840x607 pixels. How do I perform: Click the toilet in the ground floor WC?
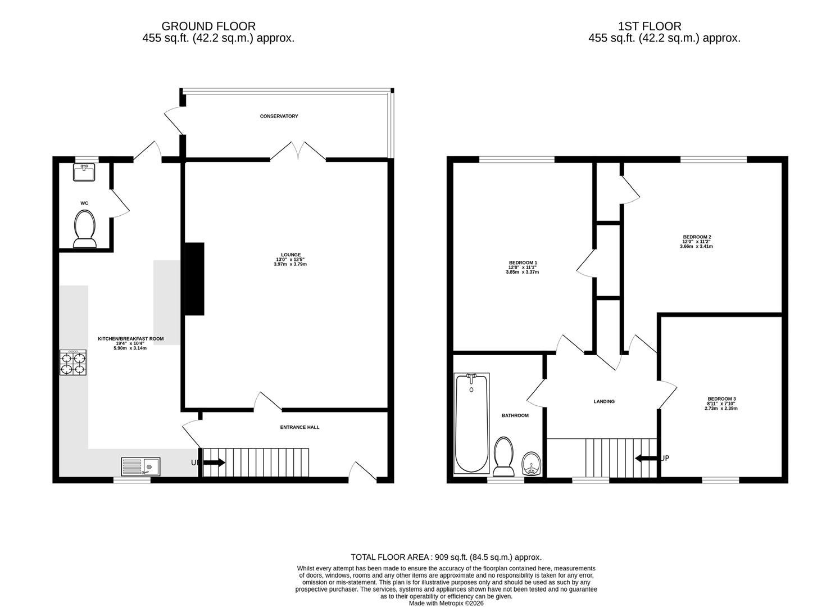pos(84,229)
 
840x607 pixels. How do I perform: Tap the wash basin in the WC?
pos(84,172)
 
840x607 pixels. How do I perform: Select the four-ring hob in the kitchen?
pos(72,363)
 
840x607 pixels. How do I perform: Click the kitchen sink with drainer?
pos(140,466)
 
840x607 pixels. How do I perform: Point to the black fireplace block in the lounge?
pos(194,279)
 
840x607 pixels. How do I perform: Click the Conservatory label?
pos(279,116)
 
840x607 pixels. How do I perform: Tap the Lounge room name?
pos(291,255)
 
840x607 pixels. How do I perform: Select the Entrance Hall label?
pos(299,427)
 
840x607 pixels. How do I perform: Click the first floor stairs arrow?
pos(646,458)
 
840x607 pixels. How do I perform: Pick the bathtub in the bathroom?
pos(471,423)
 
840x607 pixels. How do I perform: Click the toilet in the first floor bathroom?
pos(503,456)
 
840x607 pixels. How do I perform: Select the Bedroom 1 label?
pos(523,262)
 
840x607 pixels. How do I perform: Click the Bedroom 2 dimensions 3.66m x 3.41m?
pos(696,247)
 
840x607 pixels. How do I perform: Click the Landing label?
pos(604,401)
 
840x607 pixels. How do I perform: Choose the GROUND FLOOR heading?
pos(208,26)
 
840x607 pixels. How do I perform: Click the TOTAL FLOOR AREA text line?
pos(446,557)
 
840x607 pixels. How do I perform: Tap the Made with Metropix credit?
pos(446,603)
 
